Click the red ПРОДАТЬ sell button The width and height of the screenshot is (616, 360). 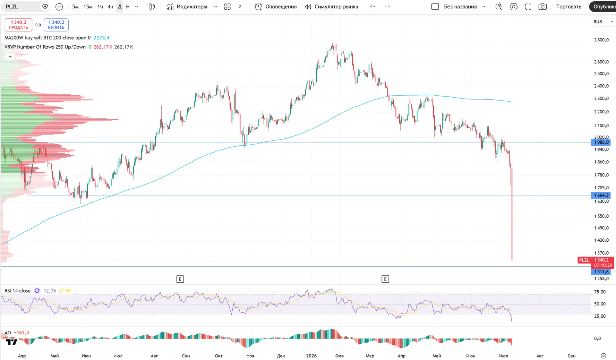tap(18, 25)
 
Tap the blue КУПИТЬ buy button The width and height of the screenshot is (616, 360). tap(56, 25)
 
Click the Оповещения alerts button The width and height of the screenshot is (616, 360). tap(276, 7)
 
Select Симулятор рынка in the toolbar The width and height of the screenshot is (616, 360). tap(331, 7)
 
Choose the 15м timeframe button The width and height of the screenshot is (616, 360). tap(88, 7)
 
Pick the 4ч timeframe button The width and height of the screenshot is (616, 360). tap(110, 7)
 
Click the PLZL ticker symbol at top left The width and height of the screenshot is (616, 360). tap(12, 7)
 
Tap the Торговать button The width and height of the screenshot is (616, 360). tap(569, 7)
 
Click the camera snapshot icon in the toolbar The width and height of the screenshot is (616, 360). tap(543, 7)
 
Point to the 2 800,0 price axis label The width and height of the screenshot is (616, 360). tap(601, 40)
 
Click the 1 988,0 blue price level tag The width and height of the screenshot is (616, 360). tap(601, 142)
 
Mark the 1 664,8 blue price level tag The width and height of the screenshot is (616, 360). tap(601, 195)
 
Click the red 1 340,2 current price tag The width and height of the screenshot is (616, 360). tap(602, 260)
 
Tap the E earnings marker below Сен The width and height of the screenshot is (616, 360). tap(180, 279)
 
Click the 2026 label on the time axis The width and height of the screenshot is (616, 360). tap(311, 356)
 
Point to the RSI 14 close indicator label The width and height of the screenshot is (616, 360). tap(18, 291)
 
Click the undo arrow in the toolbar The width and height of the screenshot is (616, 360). tap(372, 7)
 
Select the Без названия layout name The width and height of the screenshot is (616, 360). tap(460, 7)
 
